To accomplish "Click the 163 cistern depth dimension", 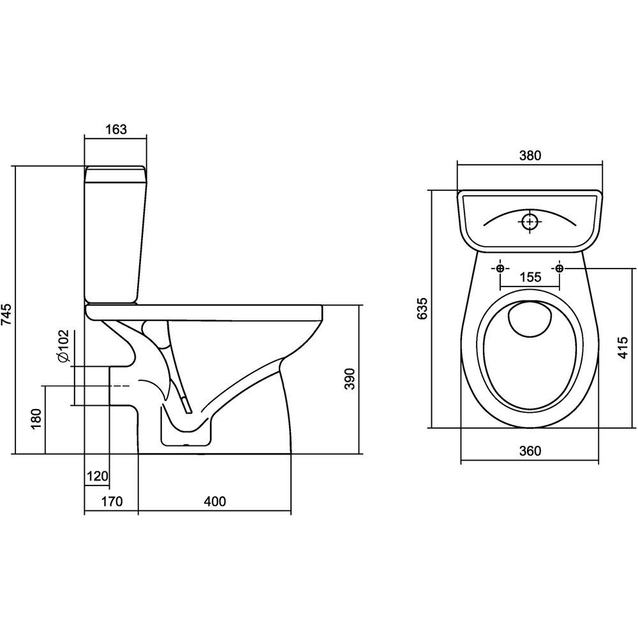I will [115, 129].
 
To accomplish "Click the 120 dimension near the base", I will [98, 476].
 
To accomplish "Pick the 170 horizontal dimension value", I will [111, 501].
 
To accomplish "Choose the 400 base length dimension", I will [215, 501].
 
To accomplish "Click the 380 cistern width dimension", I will [530, 155].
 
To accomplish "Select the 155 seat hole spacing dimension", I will [530, 277].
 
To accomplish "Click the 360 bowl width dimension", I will [530, 451].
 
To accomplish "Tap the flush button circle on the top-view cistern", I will [530, 222].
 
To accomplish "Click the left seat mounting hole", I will [500, 268].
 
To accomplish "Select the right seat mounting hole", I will [560, 268].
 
